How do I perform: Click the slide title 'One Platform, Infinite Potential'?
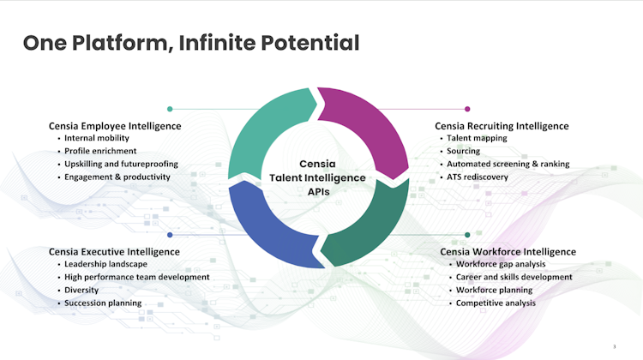[191, 43]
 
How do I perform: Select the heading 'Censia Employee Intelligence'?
[115, 126]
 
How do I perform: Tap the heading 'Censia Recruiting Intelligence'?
[502, 126]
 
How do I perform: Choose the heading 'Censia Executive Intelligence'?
[114, 252]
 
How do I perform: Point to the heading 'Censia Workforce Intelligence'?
[508, 252]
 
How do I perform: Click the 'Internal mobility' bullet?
[97, 138]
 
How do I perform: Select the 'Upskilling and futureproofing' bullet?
[122, 164]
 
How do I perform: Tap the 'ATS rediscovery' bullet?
[478, 177]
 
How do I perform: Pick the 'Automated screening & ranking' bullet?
[508, 164]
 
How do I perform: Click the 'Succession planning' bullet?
[103, 303]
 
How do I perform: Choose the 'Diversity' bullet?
[81, 290]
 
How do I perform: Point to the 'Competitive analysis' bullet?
[496, 303]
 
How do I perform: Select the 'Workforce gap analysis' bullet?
[501, 264]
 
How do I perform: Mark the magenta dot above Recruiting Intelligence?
[467, 109]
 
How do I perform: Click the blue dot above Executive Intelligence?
[170, 235]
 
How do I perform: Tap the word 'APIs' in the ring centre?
[319, 192]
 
